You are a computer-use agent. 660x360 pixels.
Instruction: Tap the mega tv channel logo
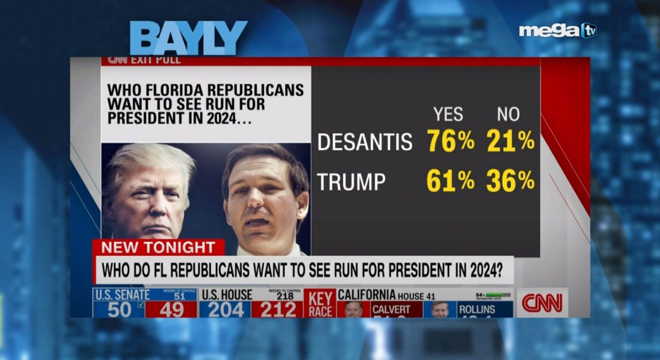pos(557,31)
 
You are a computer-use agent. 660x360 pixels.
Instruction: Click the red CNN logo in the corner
pos(542,303)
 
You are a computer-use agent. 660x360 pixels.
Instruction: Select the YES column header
pos(448,114)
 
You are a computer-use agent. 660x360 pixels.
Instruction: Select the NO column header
pos(508,114)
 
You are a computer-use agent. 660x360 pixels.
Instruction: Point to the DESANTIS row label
pos(365,142)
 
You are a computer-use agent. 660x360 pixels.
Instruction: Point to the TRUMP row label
pos(351,182)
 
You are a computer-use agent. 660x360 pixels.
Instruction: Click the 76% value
pos(451,141)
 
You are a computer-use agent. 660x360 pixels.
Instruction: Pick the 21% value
pos(510,141)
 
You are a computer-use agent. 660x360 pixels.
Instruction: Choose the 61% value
pos(450,181)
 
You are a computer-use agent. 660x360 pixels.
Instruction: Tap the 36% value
pos(510,181)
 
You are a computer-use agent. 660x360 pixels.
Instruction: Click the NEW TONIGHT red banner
pos(158,247)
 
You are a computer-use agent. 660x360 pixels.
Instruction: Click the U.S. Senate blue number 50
pos(119,310)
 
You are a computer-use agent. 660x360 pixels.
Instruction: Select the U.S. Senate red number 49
pos(172,310)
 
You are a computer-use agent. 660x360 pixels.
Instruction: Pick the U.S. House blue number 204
pos(226,310)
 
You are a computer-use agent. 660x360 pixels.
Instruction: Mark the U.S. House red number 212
pos(278,310)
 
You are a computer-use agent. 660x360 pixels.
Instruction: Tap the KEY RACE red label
pos(321,304)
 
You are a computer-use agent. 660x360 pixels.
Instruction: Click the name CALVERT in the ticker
pos(391,309)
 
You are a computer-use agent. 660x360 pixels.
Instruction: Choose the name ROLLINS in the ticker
pos(477,309)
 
